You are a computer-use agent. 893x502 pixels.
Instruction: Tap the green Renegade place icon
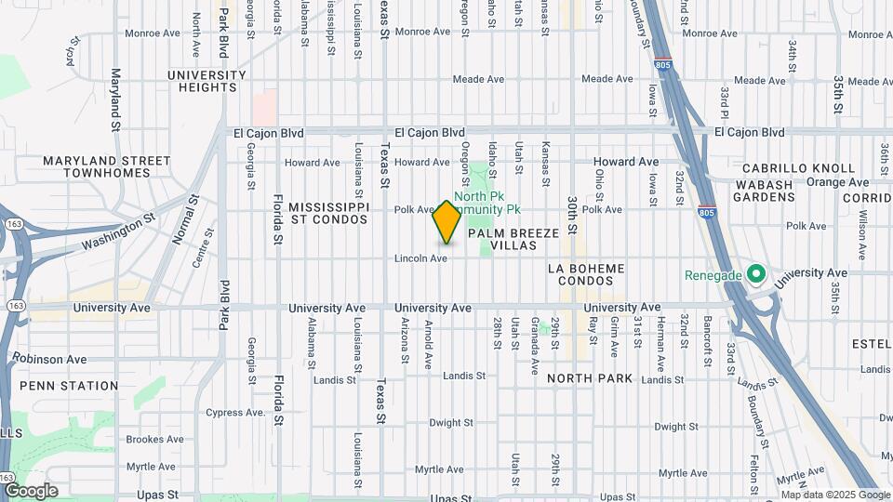pos(755,275)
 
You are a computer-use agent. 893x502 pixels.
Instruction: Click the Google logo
pos(31,490)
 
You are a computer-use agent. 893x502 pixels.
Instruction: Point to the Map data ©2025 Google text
pos(835,495)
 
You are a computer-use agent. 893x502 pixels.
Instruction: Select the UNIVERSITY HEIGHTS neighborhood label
pos(202,81)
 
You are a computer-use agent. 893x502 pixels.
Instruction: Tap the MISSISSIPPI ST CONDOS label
pos(328,212)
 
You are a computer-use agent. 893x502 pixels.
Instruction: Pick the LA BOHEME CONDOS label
pos(599,275)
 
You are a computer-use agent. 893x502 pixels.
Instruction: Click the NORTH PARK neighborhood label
pos(590,378)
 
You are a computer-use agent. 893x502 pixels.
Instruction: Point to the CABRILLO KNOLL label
pos(798,168)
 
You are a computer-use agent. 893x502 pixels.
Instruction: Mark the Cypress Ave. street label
pos(236,412)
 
